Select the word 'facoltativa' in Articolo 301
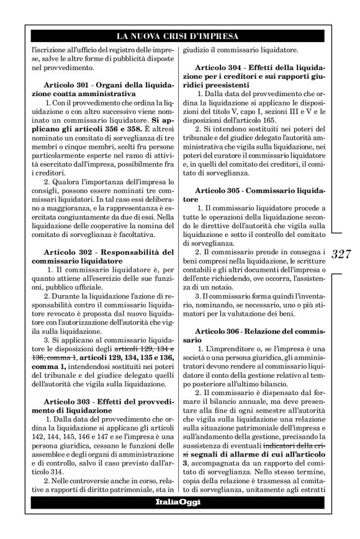pos(115,234)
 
